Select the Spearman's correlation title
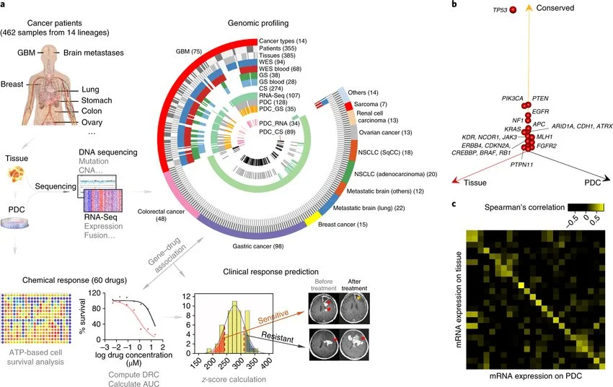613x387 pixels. [508, 206]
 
